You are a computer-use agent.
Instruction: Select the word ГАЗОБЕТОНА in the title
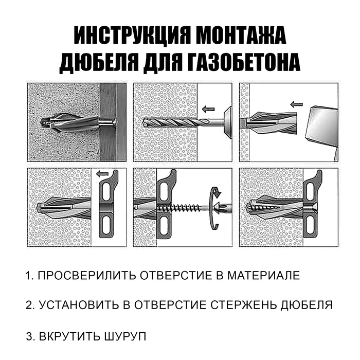[x=242, y=62]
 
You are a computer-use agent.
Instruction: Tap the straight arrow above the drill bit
[x=208, y=109]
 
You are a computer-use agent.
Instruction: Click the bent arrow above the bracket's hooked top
[x=103, y=175]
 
